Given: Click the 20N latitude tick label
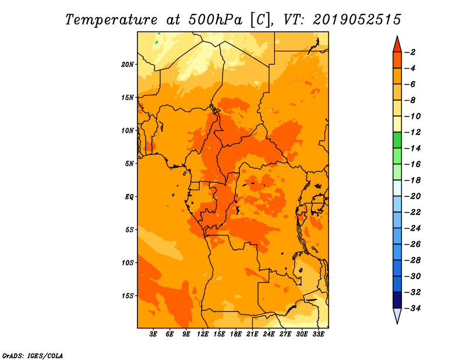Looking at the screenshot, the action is (x=128, y=65).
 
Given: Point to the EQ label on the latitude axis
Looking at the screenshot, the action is (x=129, y=197).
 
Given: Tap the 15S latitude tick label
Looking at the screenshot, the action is (x=128, y=296).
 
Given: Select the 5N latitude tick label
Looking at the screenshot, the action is (x=129, y=164).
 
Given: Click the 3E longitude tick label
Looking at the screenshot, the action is (x=153, y=334).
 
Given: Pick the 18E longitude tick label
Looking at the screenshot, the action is (x=236, y=334).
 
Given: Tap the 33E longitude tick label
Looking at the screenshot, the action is (x=318, y=334).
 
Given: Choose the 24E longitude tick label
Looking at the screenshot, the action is (x=269, y=334).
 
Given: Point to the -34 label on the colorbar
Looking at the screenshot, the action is (x=413, y=308).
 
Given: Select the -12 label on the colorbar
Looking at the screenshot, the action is (x=413, y=132).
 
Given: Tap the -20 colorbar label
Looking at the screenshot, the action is (x=413, y=196).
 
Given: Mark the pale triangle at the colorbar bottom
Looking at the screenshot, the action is (x=397, y=315).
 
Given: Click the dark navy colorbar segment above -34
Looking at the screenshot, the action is (x=397, y=300).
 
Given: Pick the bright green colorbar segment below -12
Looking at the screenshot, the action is (x=397, y=140).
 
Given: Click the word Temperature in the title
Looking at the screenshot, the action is (x=111, y=20).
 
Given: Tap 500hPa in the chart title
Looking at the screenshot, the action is (x=216, y=20).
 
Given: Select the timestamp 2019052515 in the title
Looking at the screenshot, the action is (x=357, y=20).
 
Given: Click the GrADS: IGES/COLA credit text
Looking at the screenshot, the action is (x=33, y=355).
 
